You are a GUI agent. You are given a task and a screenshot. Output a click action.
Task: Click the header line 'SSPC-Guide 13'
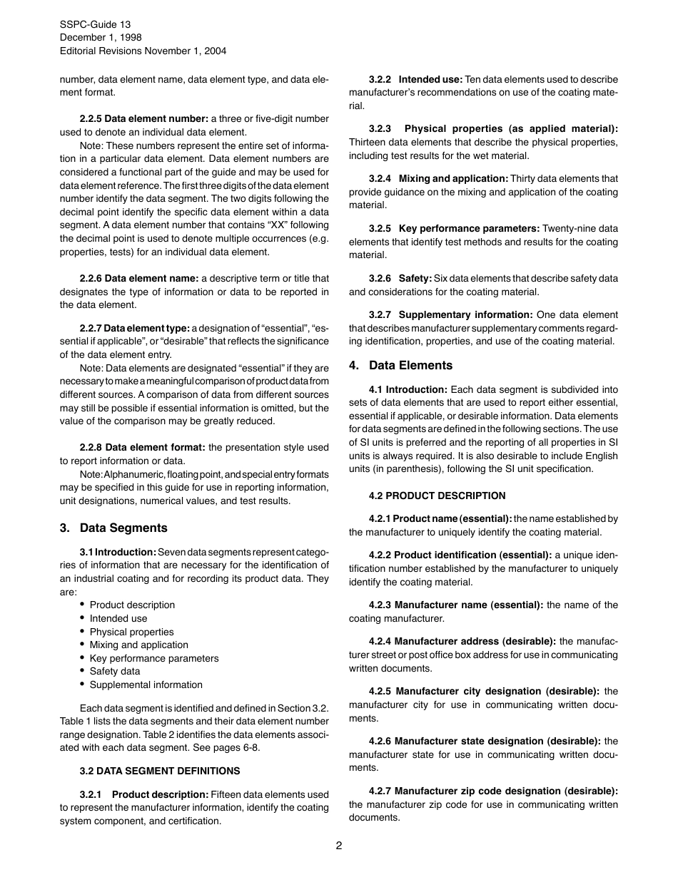95,24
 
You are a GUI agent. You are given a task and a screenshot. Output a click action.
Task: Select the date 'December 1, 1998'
101,37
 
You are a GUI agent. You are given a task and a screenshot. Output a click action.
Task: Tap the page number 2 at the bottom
339,846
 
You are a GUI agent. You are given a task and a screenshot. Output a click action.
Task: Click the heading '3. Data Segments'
113,528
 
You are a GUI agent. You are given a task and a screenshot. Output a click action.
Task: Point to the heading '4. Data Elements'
400,365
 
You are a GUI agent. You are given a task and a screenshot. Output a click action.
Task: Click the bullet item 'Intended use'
118,618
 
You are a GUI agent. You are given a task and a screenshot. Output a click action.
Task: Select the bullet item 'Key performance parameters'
154,658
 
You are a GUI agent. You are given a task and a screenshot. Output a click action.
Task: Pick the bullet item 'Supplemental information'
146,684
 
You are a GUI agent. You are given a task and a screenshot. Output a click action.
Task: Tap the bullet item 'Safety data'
115,671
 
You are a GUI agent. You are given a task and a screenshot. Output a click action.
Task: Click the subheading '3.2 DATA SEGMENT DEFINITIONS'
160,771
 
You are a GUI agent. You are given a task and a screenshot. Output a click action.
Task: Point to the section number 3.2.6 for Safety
380,278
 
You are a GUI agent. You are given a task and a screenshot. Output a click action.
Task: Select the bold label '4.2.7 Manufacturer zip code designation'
493,791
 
